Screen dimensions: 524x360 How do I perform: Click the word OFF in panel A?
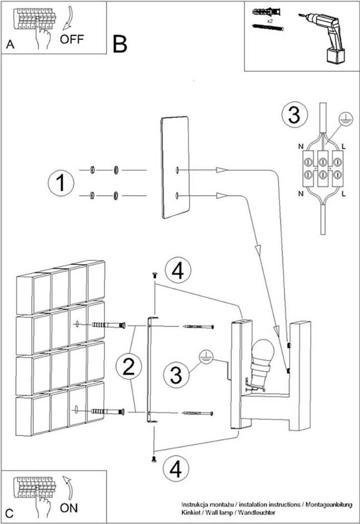[x=72, y=39]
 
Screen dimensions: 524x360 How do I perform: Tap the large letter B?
[x=120, y=45]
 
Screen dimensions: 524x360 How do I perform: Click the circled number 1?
[x=61, y=183]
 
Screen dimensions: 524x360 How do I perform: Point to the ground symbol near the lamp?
[x=206, y=357]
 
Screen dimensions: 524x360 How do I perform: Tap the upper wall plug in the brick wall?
[x=108, y=325]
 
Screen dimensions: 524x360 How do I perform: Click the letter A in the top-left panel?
[x=10, y=45]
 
